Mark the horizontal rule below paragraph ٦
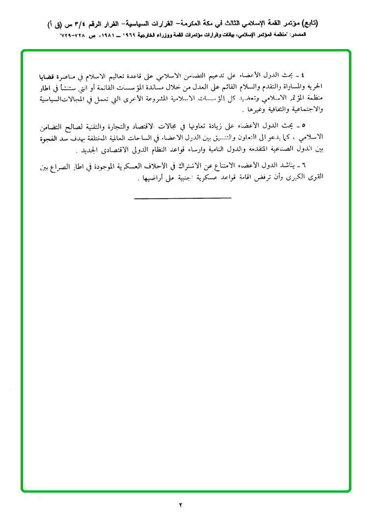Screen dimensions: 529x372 pos(182,198)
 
